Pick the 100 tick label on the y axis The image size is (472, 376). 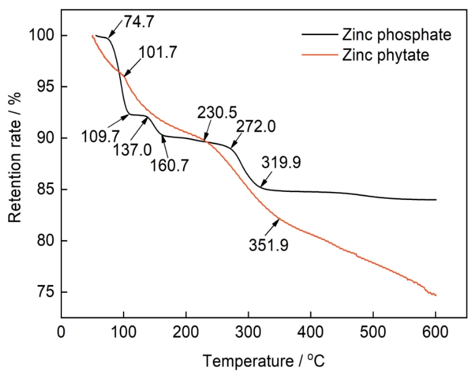[39, 36]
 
